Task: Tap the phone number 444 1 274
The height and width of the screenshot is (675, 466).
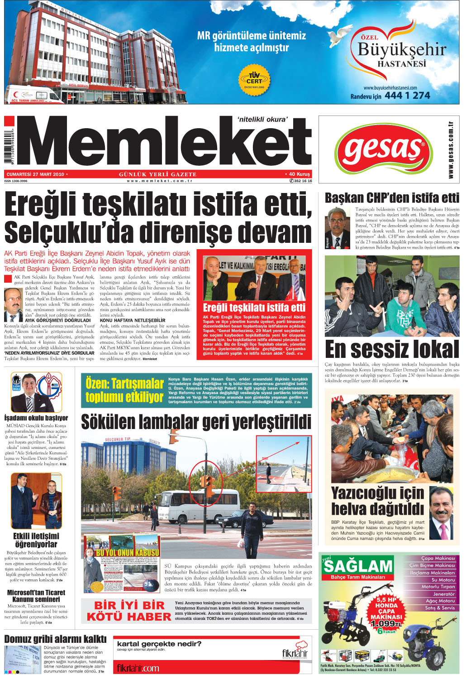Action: click(407, 96)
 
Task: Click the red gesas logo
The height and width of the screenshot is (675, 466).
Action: click(383, 149)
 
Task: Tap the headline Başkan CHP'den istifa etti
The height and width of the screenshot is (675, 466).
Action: click(392, 198)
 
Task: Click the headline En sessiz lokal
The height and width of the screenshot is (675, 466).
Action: click(392, 349)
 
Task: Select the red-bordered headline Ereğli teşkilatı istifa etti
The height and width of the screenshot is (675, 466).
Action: click(254, 308)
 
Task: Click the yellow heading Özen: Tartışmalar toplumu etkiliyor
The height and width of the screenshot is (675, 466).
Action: click(124, 390)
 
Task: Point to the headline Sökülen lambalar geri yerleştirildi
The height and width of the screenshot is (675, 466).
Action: click(196, 422)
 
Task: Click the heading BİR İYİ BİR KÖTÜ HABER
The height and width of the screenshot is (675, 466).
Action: click(128, 611)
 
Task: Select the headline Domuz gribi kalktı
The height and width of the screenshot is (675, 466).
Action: click(55, 639)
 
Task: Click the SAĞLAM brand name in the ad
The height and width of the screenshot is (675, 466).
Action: click(358, 566)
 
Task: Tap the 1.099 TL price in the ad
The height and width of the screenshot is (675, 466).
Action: click(385, 623)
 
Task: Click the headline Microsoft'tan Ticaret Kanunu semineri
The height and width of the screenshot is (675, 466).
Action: click(36, 596)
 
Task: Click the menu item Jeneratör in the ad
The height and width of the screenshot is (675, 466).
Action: click(443, 594)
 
